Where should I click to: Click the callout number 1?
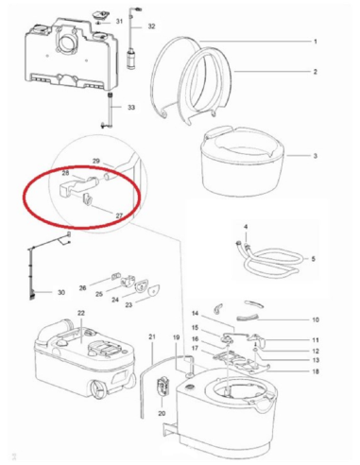(x=316, y=42)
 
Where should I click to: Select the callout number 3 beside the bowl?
(x=316, y=156)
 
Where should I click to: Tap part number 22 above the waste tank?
(x=81, y=313)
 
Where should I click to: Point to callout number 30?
(x=61, y=292)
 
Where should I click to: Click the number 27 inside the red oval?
(x=119, y=215)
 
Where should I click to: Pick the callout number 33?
(x=131, y=108)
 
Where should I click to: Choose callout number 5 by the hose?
(x=314, y=259)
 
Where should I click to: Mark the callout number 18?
(x=316, y=371)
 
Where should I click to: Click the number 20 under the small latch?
(x=162, y=413)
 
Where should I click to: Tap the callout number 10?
(x=316, y=319)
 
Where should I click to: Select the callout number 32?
(x=151, y=26)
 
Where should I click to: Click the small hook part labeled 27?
(x=87, y=200)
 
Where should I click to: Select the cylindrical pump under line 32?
(x=131, y=60)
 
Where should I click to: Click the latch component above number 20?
(x=163, y=386)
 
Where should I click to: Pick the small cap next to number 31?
(x=100, y=15)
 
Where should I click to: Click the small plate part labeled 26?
(x=115, y=276)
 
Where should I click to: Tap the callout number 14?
(x=195, y=314)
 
